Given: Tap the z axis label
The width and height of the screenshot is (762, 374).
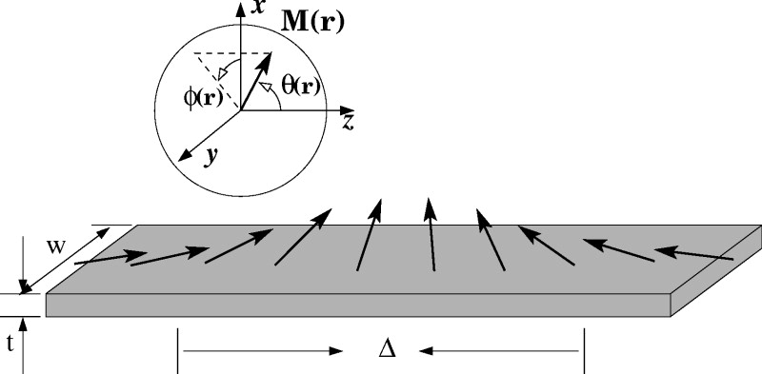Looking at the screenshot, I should point(349,121).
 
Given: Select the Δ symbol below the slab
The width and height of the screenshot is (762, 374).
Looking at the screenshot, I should point(386,350).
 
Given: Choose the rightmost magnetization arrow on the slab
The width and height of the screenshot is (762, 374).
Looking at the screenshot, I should point(693,254).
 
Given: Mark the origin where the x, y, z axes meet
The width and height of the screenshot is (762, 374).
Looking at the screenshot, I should point(240,110).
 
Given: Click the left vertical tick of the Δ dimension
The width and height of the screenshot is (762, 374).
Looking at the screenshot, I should point(177,350).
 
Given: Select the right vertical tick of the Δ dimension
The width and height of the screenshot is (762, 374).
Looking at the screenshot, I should point(584,350).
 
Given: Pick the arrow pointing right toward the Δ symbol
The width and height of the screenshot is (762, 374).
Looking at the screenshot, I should point(263,350).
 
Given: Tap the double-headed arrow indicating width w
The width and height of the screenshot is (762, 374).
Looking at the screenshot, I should point(76,258).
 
